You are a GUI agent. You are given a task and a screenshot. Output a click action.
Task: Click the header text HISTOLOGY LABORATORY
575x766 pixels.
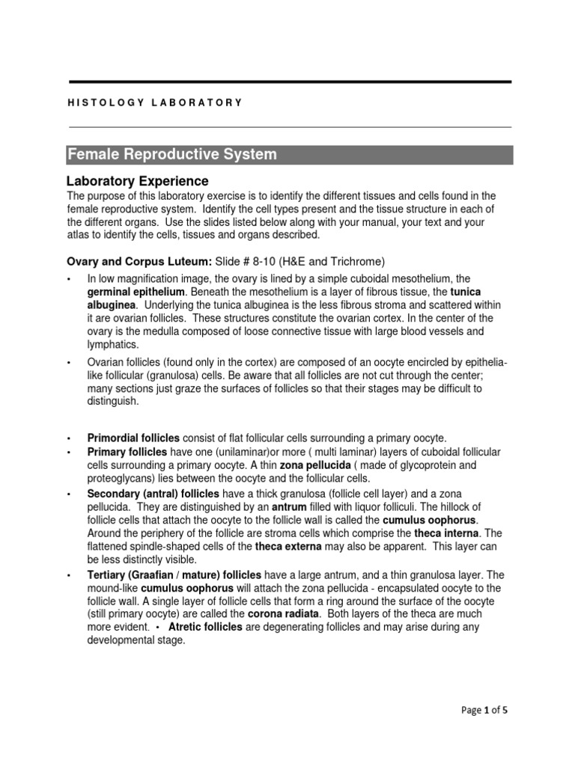[x=155, y=102]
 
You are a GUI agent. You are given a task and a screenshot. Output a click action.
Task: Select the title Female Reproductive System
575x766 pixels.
[x=172, y=155]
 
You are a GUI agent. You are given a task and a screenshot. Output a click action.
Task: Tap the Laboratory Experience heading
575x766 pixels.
[x=138, y=181]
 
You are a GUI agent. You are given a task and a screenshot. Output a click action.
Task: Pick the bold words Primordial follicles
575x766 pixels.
[x=133, y=438]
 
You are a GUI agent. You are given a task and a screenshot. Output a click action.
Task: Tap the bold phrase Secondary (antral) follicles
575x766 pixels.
[x=153, y=494]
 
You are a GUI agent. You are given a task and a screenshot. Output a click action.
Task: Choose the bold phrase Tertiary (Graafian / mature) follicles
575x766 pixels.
[x=174, y=574]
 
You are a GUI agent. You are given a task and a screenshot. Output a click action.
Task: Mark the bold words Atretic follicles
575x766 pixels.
[x=205, y=627]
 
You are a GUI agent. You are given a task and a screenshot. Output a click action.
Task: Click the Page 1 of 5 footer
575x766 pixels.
[x=484, y=710]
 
